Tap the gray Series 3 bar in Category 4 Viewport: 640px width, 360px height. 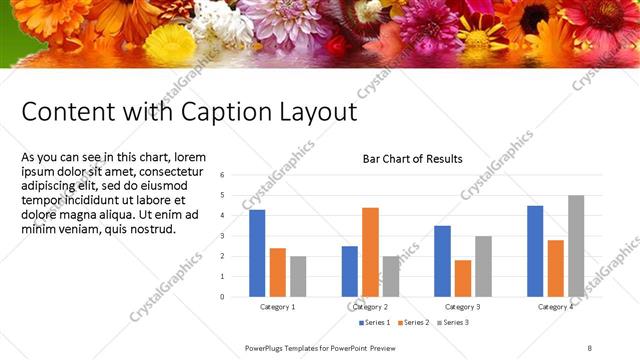pos(576,246)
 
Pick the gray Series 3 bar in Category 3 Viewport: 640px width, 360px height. pos(483,266)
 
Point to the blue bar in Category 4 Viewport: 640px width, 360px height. pos(535,251)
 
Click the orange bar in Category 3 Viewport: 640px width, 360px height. pos(463,278)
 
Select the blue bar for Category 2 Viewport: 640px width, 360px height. pos(349,271)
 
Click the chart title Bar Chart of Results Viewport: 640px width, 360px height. pos(412,159)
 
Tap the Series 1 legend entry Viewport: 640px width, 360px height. pos(375,323)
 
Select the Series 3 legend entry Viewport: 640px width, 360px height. pos(453,323)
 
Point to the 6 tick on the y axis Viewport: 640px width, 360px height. pos(222,175)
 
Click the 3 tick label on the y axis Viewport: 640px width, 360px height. pos(222,236)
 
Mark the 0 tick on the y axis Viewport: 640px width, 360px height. pos(222,296)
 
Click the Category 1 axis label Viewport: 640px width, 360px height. pos(277,307)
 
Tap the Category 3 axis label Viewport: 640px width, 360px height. pos(462,307)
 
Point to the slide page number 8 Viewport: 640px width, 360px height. pos(590,346)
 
